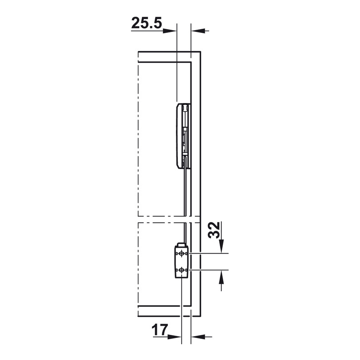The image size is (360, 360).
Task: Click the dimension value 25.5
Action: (147, 23)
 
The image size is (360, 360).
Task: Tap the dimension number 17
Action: (160, 330)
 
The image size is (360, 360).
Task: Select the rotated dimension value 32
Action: (214, 230)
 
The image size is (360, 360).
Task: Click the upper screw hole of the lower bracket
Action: (182, 253)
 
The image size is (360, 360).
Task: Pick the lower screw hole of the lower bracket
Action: (182, 270)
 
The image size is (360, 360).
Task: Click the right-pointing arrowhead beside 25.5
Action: (170, 31)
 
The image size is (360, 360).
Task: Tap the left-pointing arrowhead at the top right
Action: (198, 31)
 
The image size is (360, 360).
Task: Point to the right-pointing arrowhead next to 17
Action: (175, 337)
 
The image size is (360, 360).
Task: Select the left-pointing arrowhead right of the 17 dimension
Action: (198, 337)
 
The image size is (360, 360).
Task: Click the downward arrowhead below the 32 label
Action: (221, 246)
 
